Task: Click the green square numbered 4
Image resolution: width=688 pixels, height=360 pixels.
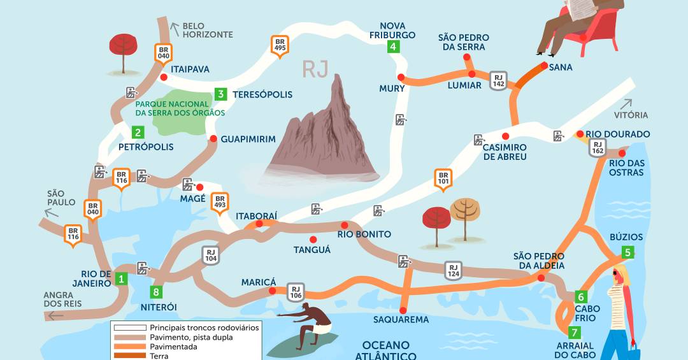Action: click(x=393, y=46)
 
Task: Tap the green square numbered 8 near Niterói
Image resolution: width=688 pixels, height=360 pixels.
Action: click(x=156, y=292)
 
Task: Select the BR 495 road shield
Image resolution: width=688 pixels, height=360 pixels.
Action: click(x=278, y=45)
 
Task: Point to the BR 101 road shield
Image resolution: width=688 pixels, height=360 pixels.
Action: click(x=443, y=179)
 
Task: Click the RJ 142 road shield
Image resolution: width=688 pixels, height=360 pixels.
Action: click(x=498, y=80)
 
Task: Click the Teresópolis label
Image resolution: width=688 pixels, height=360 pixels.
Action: click(x=262, y=94)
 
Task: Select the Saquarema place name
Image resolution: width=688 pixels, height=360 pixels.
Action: click(x=401, y=319)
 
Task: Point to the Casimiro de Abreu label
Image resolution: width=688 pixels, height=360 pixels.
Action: click(x=505, y=152)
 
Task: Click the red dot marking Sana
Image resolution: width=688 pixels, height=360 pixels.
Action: click(x=545, y=65)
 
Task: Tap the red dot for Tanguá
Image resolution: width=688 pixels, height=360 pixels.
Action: click(x=313, y=239)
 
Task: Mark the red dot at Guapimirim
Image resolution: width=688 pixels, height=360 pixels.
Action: click(x=213, y=138)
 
